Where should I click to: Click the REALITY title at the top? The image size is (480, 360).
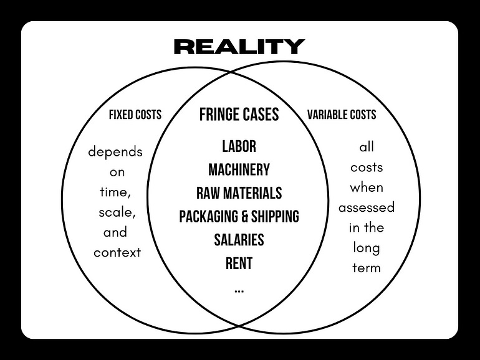click(239, 46)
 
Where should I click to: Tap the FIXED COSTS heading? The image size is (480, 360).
click(135, 115)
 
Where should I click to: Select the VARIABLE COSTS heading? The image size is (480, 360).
click(342, 115)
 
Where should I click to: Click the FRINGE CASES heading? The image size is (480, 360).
click(239, 115)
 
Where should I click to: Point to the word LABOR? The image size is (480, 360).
click(239, 146)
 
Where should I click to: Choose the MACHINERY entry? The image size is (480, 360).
click(239, 169)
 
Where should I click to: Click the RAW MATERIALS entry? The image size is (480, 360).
click(239, 193)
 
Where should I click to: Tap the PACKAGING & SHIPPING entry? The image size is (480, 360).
click(239, 216)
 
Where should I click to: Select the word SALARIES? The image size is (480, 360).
click(239, 240)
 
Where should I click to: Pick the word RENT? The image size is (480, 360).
click(239, 263)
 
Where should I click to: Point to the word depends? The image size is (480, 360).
click(115, 152)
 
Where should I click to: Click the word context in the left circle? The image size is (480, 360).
click(117, 253)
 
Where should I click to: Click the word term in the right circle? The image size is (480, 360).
click(366, 268)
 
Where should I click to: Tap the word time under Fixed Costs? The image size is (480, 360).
click(113, 192)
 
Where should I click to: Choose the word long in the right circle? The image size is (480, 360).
click(366, 248)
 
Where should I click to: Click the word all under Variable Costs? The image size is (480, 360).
click(367, 148)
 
